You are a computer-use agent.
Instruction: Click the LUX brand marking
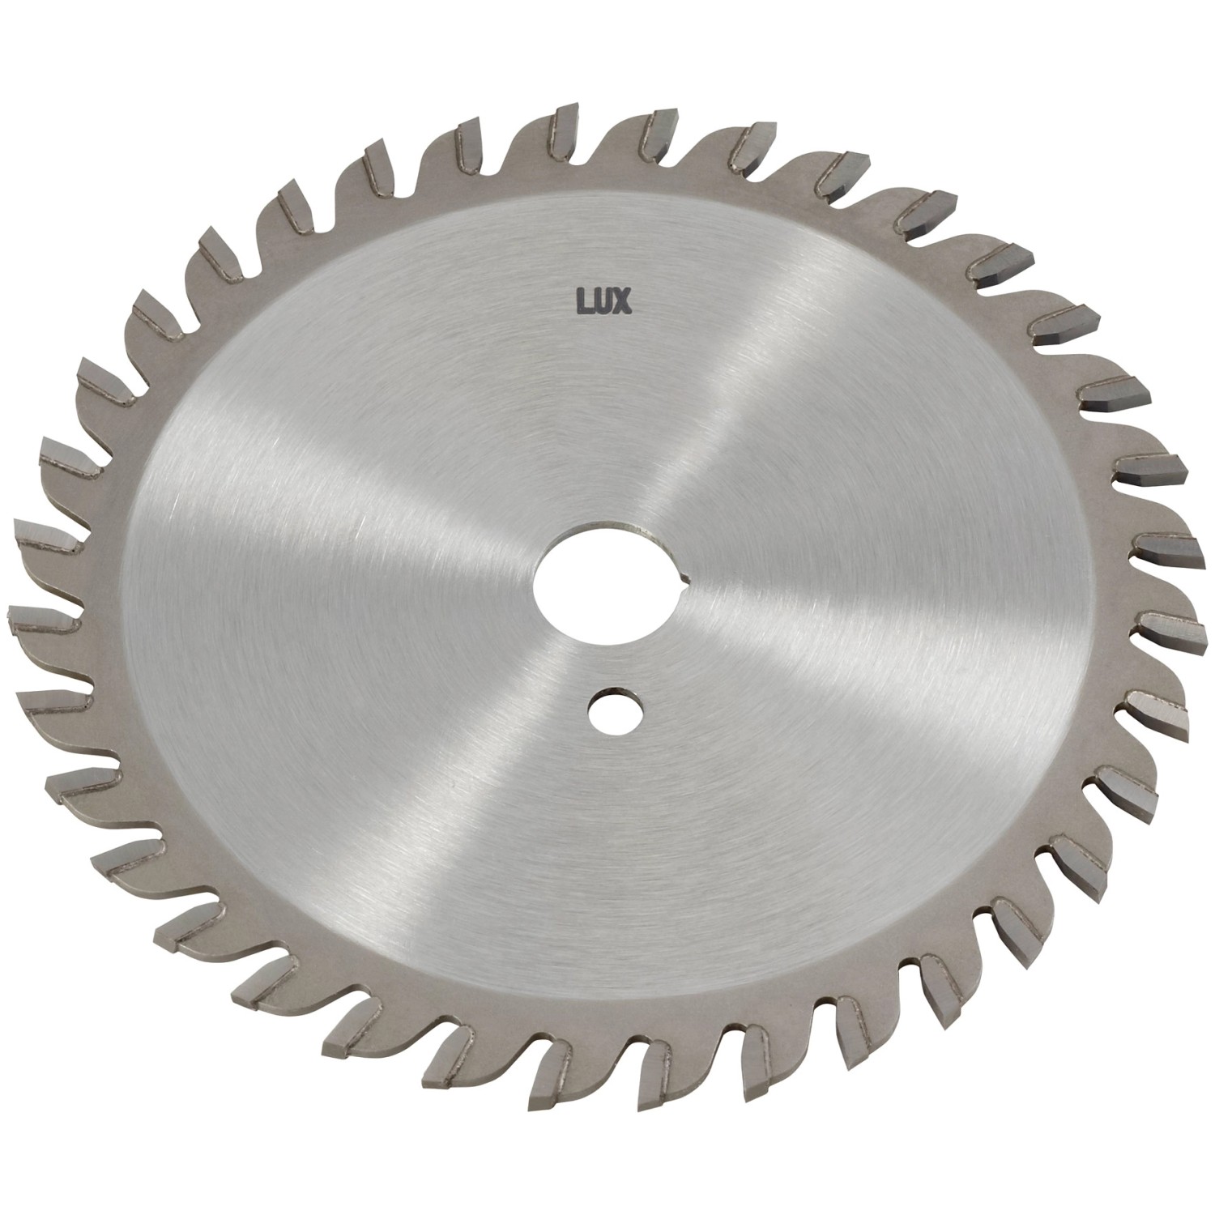[x=604, y=301]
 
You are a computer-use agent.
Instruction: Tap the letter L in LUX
[x=582, y=301]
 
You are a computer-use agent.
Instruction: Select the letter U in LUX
[x=603, y=301]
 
